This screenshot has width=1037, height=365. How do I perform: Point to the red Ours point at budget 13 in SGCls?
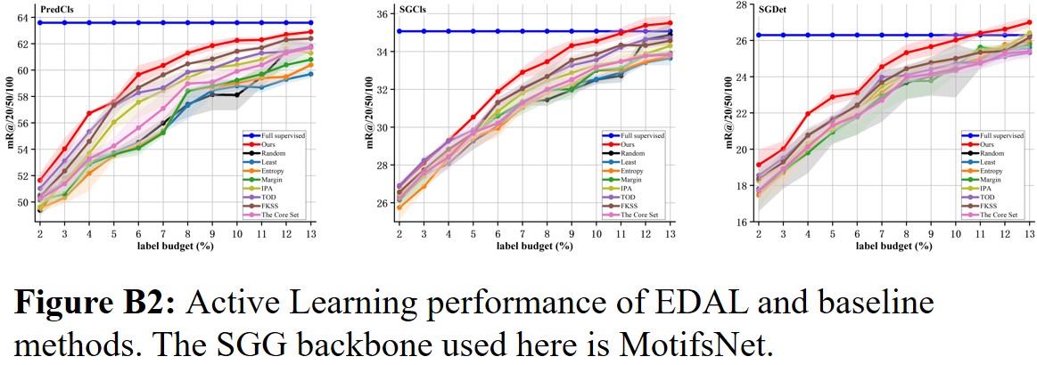point(670,23)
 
